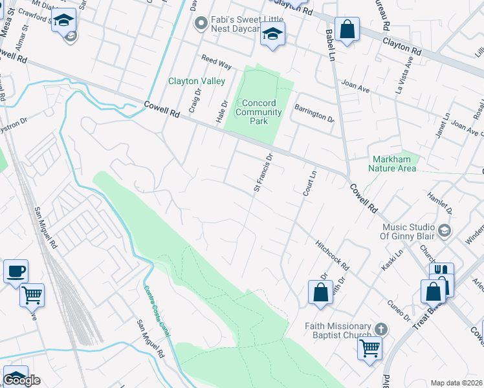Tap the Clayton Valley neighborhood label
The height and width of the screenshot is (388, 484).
click(x=197, y=81)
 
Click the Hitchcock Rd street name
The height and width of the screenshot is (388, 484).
click(x=333, y=256)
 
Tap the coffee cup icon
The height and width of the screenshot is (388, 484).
click(x=16, y=270)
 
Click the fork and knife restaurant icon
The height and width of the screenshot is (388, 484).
click(x=441, y=272)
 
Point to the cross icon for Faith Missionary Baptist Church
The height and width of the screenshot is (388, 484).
click(x=381, y=329)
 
